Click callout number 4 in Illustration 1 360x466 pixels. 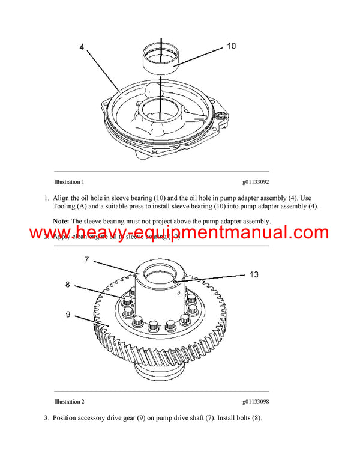click(x=83, y=46)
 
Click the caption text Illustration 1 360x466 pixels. click(x=69, y=181)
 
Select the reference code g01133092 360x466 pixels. click(x=256, y=181)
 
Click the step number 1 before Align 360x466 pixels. click(x=46, y=198)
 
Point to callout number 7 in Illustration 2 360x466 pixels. click(x=86, y=259)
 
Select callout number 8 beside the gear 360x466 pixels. click(x=67, y=286)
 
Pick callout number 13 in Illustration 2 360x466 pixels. click(x=254, y=274)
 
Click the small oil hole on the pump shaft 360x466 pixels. click(x=174, y=280)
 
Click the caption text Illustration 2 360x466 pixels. click(x=69, y=401)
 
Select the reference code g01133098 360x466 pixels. click(x=256, y=401)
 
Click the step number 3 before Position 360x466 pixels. click(x=46, y=417)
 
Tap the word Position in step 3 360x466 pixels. click(x=67, y=417)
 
